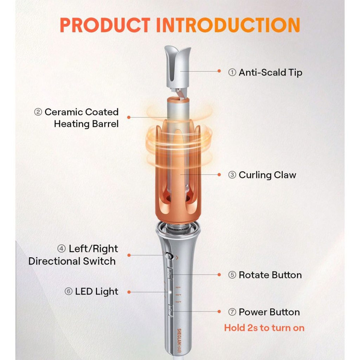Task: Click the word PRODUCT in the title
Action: (105, 25)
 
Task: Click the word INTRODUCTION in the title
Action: (228, 25)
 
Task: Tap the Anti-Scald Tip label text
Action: (270, 72)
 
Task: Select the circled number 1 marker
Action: (232, 72)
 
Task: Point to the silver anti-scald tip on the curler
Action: (177, 67)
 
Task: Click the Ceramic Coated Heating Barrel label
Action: (82, 118)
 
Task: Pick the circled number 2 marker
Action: (38, 112)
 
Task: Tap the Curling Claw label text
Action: (267, 175)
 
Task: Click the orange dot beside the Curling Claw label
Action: (219, 175)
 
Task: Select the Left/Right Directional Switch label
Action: (73, 255)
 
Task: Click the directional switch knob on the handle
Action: (169, 256)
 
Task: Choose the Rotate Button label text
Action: (270, 275)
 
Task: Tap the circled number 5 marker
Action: (232, 275)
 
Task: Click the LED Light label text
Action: (96, 291)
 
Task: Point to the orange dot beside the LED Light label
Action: (129, 292)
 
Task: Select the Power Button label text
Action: (269, 312)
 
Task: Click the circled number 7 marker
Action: (232, 312)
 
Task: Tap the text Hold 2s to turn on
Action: (264, 328)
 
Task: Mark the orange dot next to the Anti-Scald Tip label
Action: (219, 71)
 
